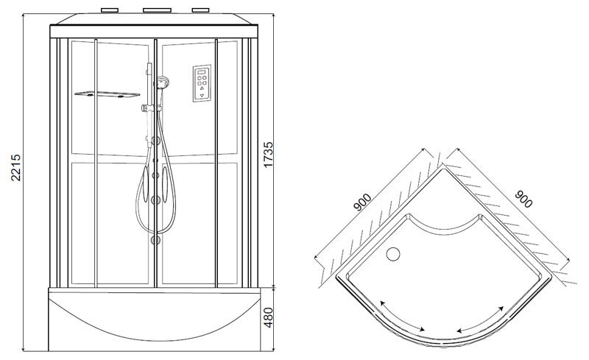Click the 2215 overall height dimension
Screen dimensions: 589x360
click(x=15, y=168)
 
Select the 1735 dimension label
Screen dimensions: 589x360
click(x=268, y=155)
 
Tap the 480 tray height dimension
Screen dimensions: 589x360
click(x=268, y=317)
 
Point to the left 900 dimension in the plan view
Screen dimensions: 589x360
click(x=362, y=202)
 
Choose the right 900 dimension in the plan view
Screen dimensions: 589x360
click(x=523, y=200)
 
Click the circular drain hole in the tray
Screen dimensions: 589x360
click(x=393, y=254)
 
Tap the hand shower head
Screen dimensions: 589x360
click(x=163, y=82)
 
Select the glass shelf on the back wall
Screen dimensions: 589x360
click(x=107, y=94)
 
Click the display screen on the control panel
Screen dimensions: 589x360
click(x=202, y=71)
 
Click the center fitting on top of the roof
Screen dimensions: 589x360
click(x=157, y=10)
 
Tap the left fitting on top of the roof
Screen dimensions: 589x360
click(x=110, y=10)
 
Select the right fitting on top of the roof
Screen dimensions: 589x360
click(x=200, y=10)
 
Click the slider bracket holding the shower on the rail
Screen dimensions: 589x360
click(x=152, y=108)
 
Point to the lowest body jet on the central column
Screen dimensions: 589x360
click(x=155, y=240)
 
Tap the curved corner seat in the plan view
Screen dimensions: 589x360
click(x=445, y=225)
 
